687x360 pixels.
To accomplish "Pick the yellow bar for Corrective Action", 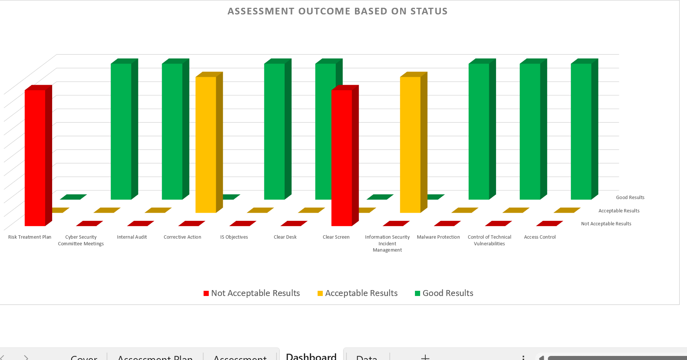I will point(206,144).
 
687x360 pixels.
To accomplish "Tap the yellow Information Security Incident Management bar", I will point(410,144).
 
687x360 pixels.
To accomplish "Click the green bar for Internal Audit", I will point(172,131).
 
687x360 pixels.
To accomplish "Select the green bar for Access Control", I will point(581,131).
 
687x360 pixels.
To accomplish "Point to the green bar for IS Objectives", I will point(275,131).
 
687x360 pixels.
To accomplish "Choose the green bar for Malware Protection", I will point(479,131).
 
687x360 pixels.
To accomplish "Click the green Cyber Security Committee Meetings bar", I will point(121,131).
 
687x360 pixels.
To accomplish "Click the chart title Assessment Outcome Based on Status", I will point(337,11).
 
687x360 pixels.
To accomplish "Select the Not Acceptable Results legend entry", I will point(252,293).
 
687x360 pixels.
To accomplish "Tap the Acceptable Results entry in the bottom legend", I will point(358,293).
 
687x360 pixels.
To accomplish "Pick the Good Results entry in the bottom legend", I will point(444,293).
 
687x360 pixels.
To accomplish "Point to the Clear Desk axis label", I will point(285,237).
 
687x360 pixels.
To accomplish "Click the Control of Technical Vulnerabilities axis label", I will point(489,240).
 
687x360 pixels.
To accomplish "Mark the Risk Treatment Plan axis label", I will point(30,237).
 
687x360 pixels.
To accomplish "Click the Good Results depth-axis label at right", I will point(630,198).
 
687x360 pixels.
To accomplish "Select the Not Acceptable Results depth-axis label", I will point(606,224).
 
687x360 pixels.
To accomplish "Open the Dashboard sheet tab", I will point(311,356).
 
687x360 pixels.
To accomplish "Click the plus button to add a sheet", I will point(425,357).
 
